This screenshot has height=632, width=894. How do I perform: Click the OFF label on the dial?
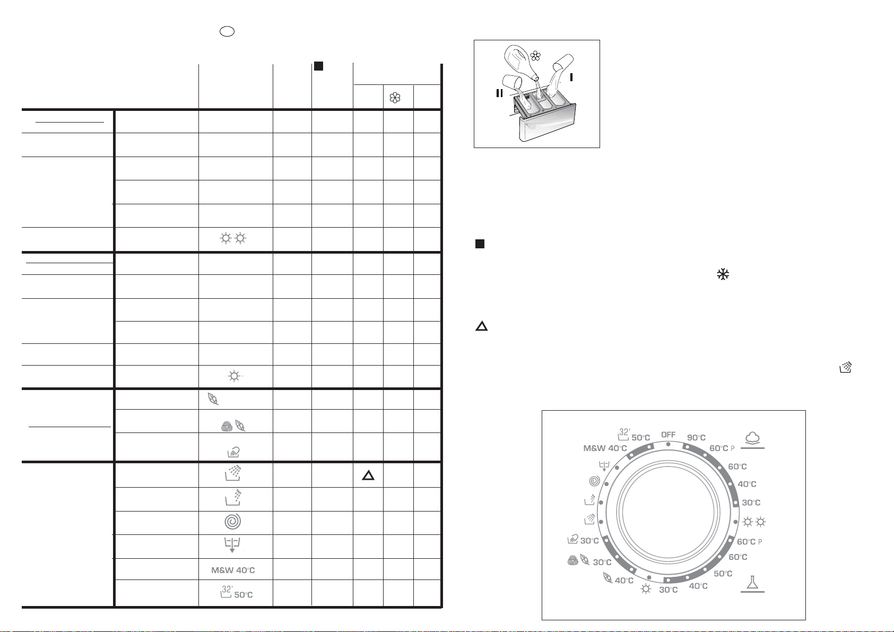(668, 435)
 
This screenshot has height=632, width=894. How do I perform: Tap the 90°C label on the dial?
(696, 438)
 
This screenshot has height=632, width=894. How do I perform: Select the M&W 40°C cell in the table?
(233, 570)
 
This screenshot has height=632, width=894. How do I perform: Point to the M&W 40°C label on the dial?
(605, 448)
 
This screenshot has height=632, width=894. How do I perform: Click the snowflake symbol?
(723, 274)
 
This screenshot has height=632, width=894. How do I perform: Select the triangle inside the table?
(368, 475)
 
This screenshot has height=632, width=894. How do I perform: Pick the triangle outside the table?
(482, 326)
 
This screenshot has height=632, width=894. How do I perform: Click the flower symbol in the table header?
(395, 98)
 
